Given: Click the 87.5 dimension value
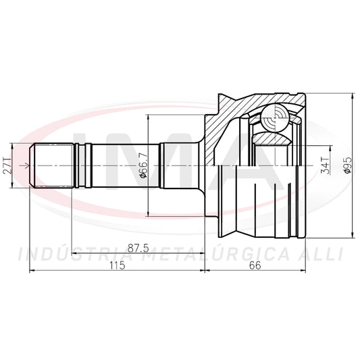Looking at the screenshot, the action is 138,248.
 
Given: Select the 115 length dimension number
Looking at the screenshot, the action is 117,265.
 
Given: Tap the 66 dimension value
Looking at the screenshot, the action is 255,265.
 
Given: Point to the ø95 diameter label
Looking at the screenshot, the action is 347,165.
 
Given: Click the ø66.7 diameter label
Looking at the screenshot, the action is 143,165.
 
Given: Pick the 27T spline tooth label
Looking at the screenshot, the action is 7,165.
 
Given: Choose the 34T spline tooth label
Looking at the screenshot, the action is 325,165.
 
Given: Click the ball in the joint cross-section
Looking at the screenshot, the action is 275,118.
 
